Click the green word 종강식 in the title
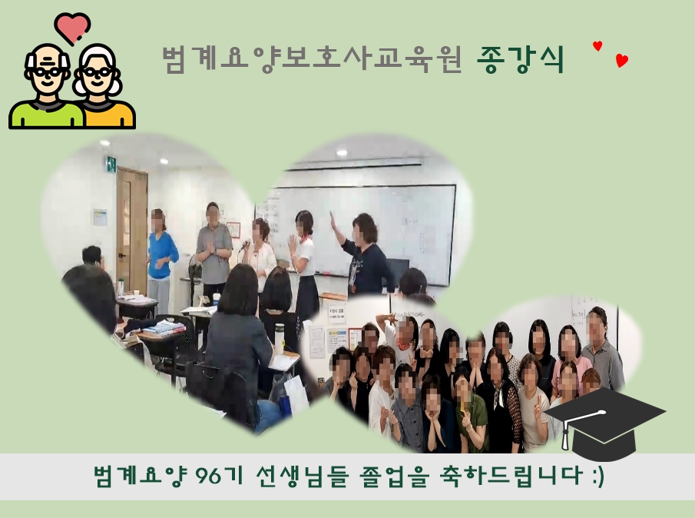pyautogui.click(x=521, y=59)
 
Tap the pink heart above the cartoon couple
pyautogui.click(x=72, y=28)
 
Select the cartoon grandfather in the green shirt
pyautogui.click(x=46, y=87)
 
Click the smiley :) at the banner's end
pyautogui.click(x=598, y=476)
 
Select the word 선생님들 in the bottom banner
pyautogui.click(x=301, y=476)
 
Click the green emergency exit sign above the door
pyautogui.click(x=111, y=164)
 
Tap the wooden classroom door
pyautogui.click(x=131, y=231)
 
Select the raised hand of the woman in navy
pyautogui.click(x=333, y=221)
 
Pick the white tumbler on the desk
pyautogui.click(x=279, y=338)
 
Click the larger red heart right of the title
pyautogui.click(x=622, y=60)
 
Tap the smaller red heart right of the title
pyautogui.click(x=597, y=45)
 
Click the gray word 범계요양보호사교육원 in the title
pyautogui.click(x=312, y=59)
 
